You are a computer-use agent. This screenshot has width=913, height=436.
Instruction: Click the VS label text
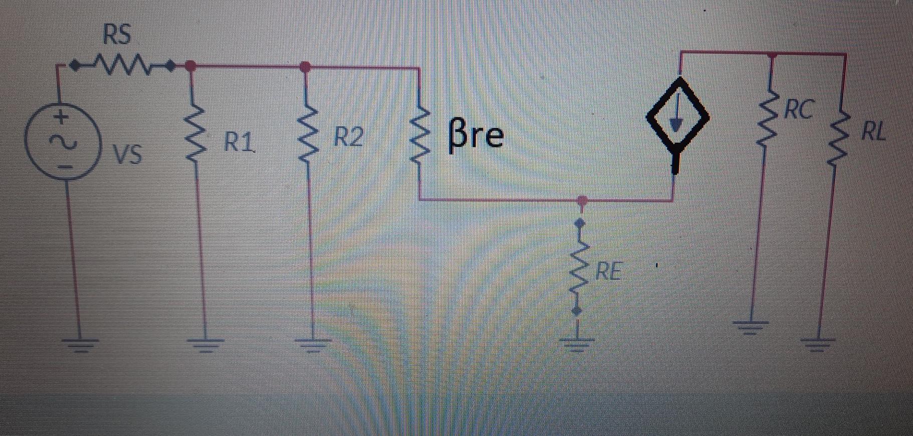point(127,154)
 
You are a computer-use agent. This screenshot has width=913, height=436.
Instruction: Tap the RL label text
point(873,132)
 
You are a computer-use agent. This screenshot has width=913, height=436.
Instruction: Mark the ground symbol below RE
point(577,343)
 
